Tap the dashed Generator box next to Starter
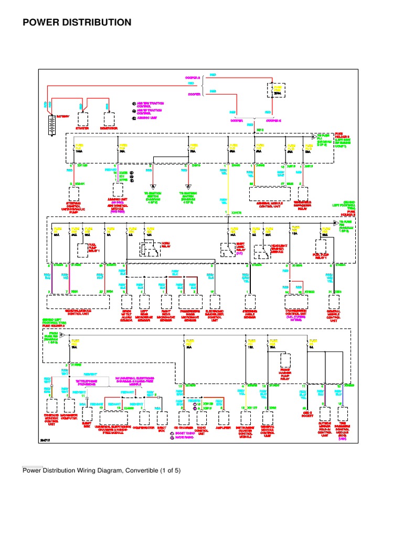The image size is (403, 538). click(110, 119)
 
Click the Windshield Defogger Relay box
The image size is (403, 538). click(303, 193)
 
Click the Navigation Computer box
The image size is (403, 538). click(69, 405)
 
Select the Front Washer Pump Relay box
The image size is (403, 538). click(286, 360)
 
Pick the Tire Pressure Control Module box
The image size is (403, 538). click(343, 414)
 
